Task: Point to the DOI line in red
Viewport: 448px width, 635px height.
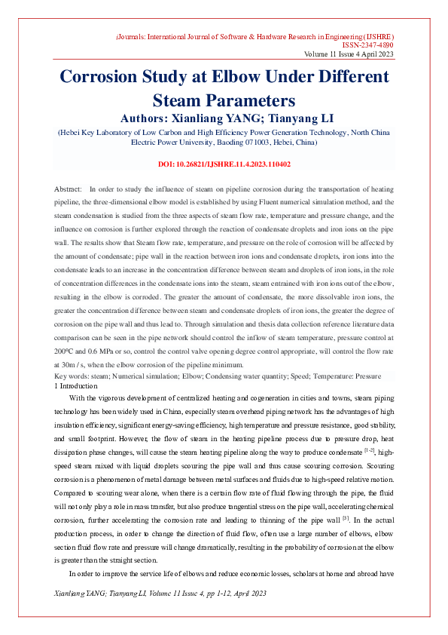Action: tap(224, 164)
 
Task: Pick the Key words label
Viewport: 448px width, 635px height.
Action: tap(72, 376)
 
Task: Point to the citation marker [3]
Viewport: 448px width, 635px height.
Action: tap(346, 518)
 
